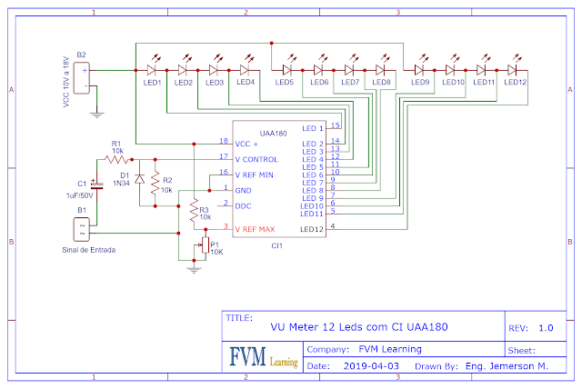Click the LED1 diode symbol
(x=152, y=68)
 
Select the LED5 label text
(x=285, y=83)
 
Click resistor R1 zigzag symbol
(x=116, y=158)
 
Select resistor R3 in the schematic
(x=193, y=212)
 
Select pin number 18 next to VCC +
(x=224, y=141)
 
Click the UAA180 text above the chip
(x=273, y=133)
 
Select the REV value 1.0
(x=546, y=327)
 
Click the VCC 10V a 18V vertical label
(x=65, y=80)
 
